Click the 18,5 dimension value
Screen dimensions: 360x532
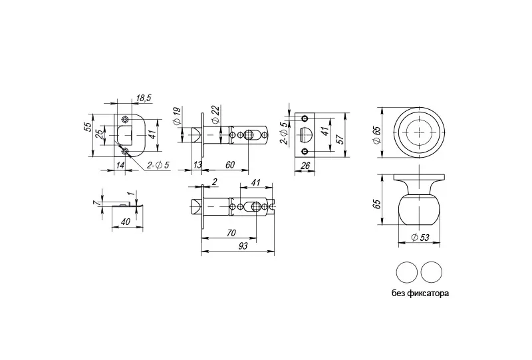(144, 98)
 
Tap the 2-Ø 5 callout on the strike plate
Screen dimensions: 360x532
(159, 165)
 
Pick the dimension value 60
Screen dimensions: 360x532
(229, 165)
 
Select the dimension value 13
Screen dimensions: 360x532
(198, 165)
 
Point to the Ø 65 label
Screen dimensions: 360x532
(376, 132)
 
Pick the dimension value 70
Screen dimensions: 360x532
(231, 234)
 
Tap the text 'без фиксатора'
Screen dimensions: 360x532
(420, 293)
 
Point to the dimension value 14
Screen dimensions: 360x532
(120, 164)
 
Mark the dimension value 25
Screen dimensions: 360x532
(99, 134)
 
